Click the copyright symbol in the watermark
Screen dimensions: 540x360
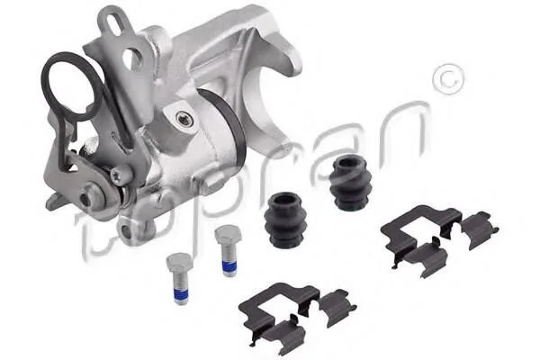pyautogui.click(x=447, y=80)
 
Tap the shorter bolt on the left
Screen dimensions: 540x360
pyautogui.click(x=177, y=277)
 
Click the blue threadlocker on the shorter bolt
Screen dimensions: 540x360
pyautogui.click(x=180, y=296)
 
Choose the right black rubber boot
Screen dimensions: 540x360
pyautogui.click(x=350, y=182)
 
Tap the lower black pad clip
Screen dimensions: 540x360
pyautogui.click(x=295, y=314)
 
